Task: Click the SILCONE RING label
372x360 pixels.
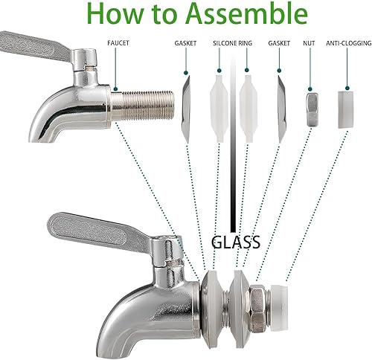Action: tap(232, 43)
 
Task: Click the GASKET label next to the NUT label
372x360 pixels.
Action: tap(280, 43)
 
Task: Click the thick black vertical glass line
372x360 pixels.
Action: tap(234, 149)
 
